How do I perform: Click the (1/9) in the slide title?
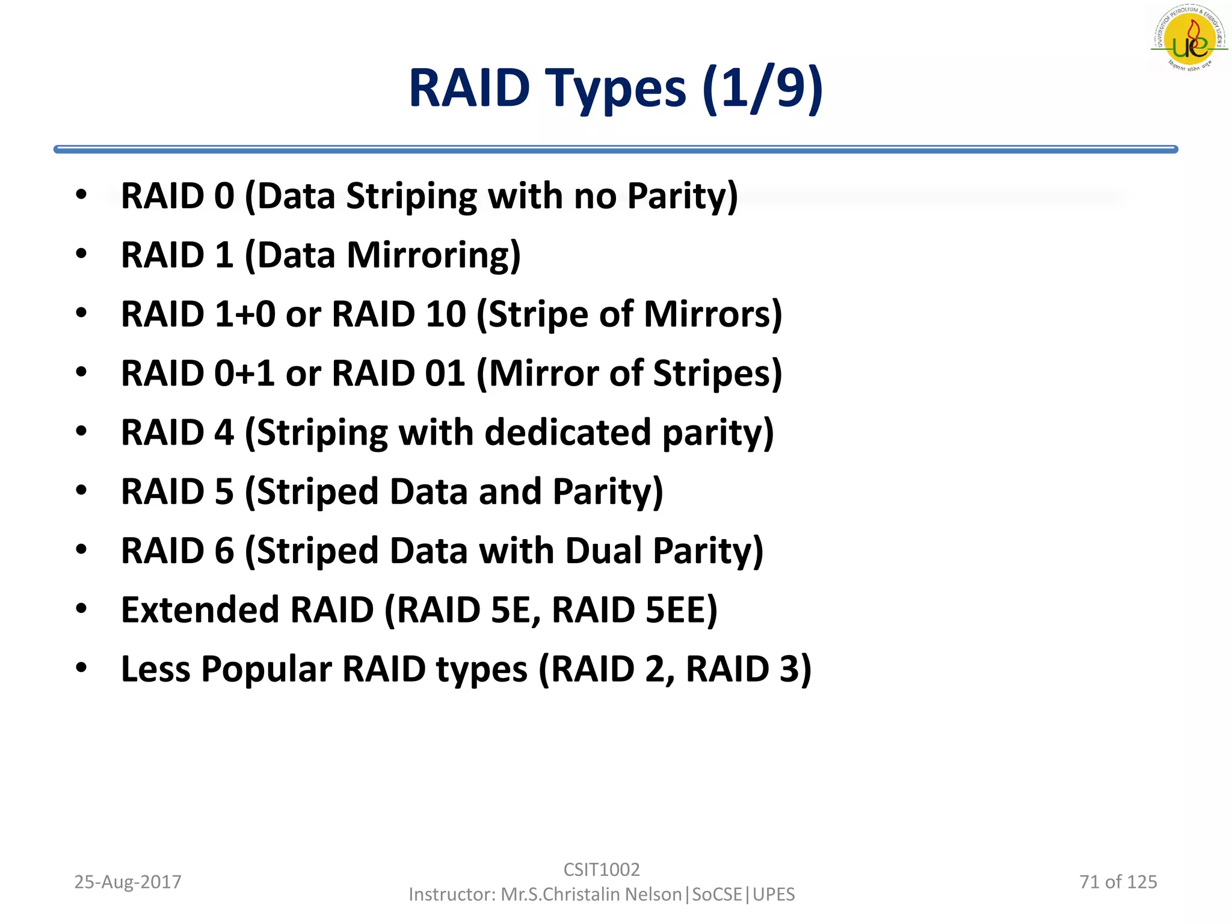pos(762,89)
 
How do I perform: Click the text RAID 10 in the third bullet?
pos(399,314)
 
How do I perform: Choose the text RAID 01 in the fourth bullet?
pos(399,373)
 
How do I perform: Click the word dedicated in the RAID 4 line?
pos(568,433)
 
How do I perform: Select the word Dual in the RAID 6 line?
pos(604,551)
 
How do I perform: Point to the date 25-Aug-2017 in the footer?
pos(128,882)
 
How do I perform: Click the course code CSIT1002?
pos(602,869)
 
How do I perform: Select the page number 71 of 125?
pos(1118,882)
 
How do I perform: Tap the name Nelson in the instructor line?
pos(653,895)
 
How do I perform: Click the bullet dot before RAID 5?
pos(81,490)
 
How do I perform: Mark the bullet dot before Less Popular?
pos(81,668)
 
